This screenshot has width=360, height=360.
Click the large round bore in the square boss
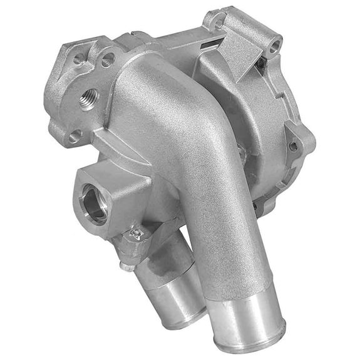96,206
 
